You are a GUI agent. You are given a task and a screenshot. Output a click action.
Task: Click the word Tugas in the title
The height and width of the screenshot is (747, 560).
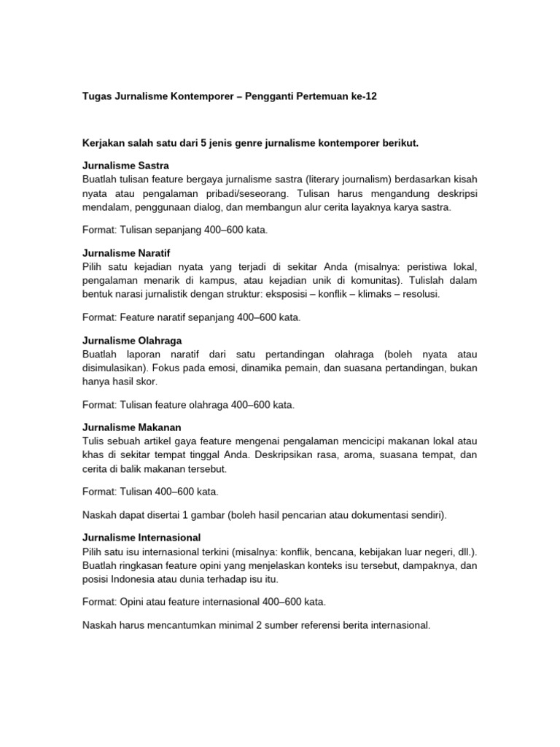97,96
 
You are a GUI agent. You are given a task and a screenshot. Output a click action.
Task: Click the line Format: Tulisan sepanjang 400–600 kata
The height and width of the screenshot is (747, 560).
174,231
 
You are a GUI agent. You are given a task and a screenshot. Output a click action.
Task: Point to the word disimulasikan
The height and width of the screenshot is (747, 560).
114,368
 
